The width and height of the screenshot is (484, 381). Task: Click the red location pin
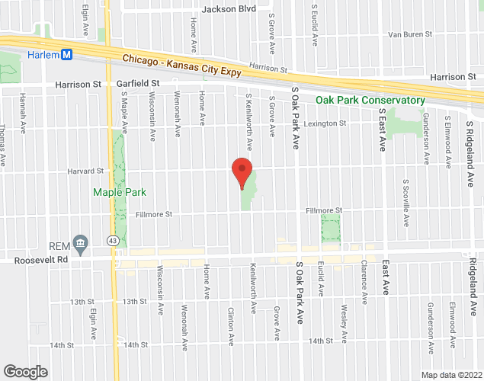click(242, 172)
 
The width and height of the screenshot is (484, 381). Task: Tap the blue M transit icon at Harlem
click(66, 54)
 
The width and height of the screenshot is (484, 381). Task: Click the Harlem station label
click(43, 54)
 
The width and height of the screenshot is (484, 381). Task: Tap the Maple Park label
click(119, 192)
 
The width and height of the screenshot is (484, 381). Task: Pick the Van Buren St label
click(410, 34)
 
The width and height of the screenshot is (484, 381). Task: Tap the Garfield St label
click(137, 83)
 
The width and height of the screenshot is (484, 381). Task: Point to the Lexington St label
click(325, 123)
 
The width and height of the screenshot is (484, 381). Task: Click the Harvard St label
click(85, 171)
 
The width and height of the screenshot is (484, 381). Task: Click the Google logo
click(24, 371)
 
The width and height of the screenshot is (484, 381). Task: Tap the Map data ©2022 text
click(451, 374)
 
